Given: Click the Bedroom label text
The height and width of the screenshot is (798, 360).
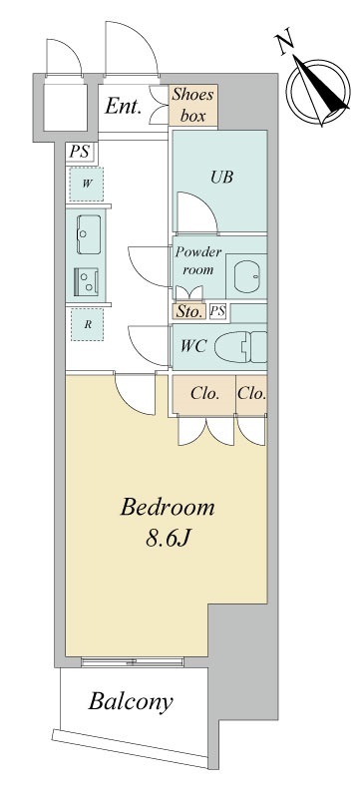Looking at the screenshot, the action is click(168, 509).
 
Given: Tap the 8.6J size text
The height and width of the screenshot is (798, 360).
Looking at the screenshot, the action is click(168, 539).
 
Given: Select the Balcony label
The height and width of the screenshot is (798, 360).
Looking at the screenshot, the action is click(131, 702).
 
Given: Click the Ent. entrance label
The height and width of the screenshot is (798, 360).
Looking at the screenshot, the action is click(124, 107).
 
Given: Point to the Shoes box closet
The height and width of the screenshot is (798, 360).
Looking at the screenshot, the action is click(193, 106).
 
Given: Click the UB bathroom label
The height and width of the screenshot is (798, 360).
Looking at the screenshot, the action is click(222, 178).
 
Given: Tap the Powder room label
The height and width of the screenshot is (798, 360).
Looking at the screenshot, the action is click(198, 260).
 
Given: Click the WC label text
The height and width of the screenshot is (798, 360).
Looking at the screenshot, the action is click(193, 346).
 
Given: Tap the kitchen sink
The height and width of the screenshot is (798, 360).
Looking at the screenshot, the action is click(89, 234).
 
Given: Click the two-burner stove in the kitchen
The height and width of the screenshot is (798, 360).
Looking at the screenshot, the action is click(86, 281).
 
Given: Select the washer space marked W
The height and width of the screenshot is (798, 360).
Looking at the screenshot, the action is click(87, 184).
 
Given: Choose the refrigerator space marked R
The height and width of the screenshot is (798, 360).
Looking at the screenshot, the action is click(88, 324).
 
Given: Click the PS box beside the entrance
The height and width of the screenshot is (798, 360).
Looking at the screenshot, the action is click(79, 153).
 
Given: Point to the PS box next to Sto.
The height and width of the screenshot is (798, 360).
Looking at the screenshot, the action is click(217, 311).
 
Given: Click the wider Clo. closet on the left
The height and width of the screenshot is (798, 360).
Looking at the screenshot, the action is click(203, 394).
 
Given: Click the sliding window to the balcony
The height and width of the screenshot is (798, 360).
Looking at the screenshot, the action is click(133, 662).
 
